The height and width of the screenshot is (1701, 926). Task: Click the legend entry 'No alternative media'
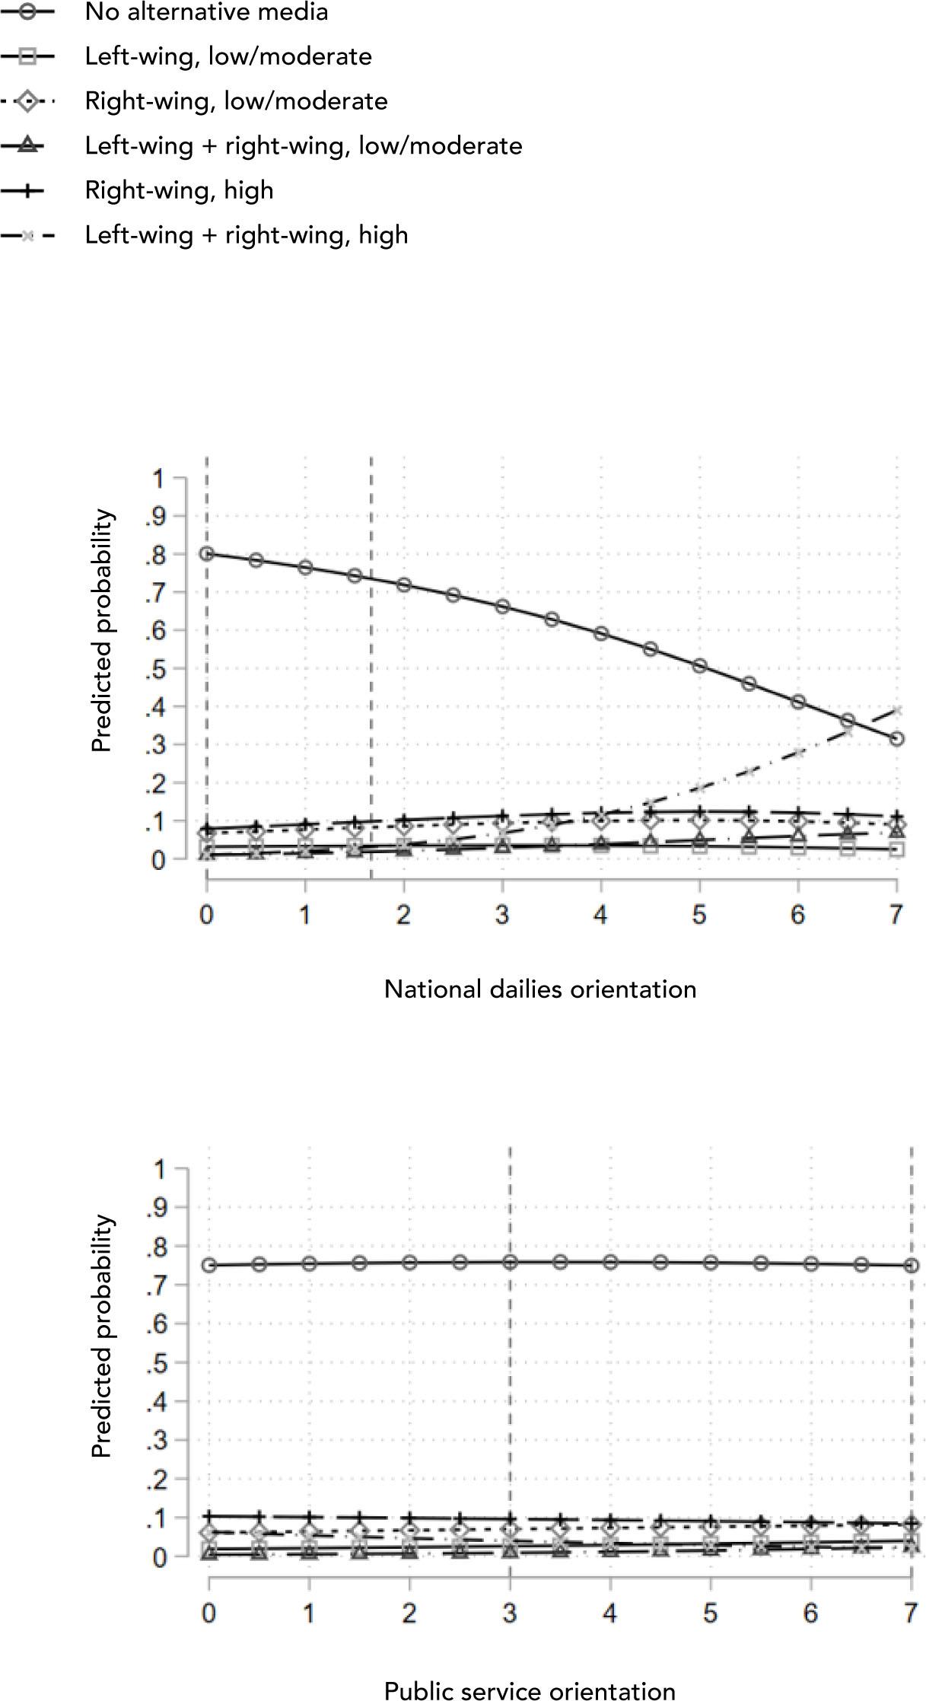click(x=206, y=12)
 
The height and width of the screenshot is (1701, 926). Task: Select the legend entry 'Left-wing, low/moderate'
click(x=228, y=56)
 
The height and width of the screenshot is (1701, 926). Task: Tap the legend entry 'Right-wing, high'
click(x=179, y=190)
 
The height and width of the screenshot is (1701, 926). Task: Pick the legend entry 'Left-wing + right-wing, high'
click(x=247, y=235)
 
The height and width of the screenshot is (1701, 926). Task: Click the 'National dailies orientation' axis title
click(x=540, y=989)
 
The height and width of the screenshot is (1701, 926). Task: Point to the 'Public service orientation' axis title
click(x=530, y=1690)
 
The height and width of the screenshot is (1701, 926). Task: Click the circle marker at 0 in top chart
click(x=207, y=553)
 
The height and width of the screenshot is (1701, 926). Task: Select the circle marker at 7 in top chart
click(x=897, y=738)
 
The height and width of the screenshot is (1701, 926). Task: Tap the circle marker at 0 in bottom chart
click(x=208, y=1265)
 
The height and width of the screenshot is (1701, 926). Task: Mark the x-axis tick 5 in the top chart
click(x=699, y=914)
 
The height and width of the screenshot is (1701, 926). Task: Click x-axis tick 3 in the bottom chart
click(x=510, y=1613)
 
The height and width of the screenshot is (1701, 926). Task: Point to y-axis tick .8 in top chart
click(x=156, y=555)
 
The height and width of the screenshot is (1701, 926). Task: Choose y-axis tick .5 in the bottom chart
click(x=156, y=1362)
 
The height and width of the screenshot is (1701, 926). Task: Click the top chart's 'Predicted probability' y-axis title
click(x=102, y=631)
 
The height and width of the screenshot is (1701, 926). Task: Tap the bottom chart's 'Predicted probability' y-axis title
click(x=102, y=1336)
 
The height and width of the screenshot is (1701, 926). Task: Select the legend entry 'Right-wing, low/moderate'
click(x=236, y=101)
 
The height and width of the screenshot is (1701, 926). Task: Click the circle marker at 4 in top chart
click(x=601, y=633)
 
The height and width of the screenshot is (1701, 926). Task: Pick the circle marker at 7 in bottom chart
click(x=911, y=1265)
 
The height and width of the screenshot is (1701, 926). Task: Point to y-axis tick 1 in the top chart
click(x=158, y=479)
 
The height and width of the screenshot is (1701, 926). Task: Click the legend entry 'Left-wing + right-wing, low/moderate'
click(x=304, y=146)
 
